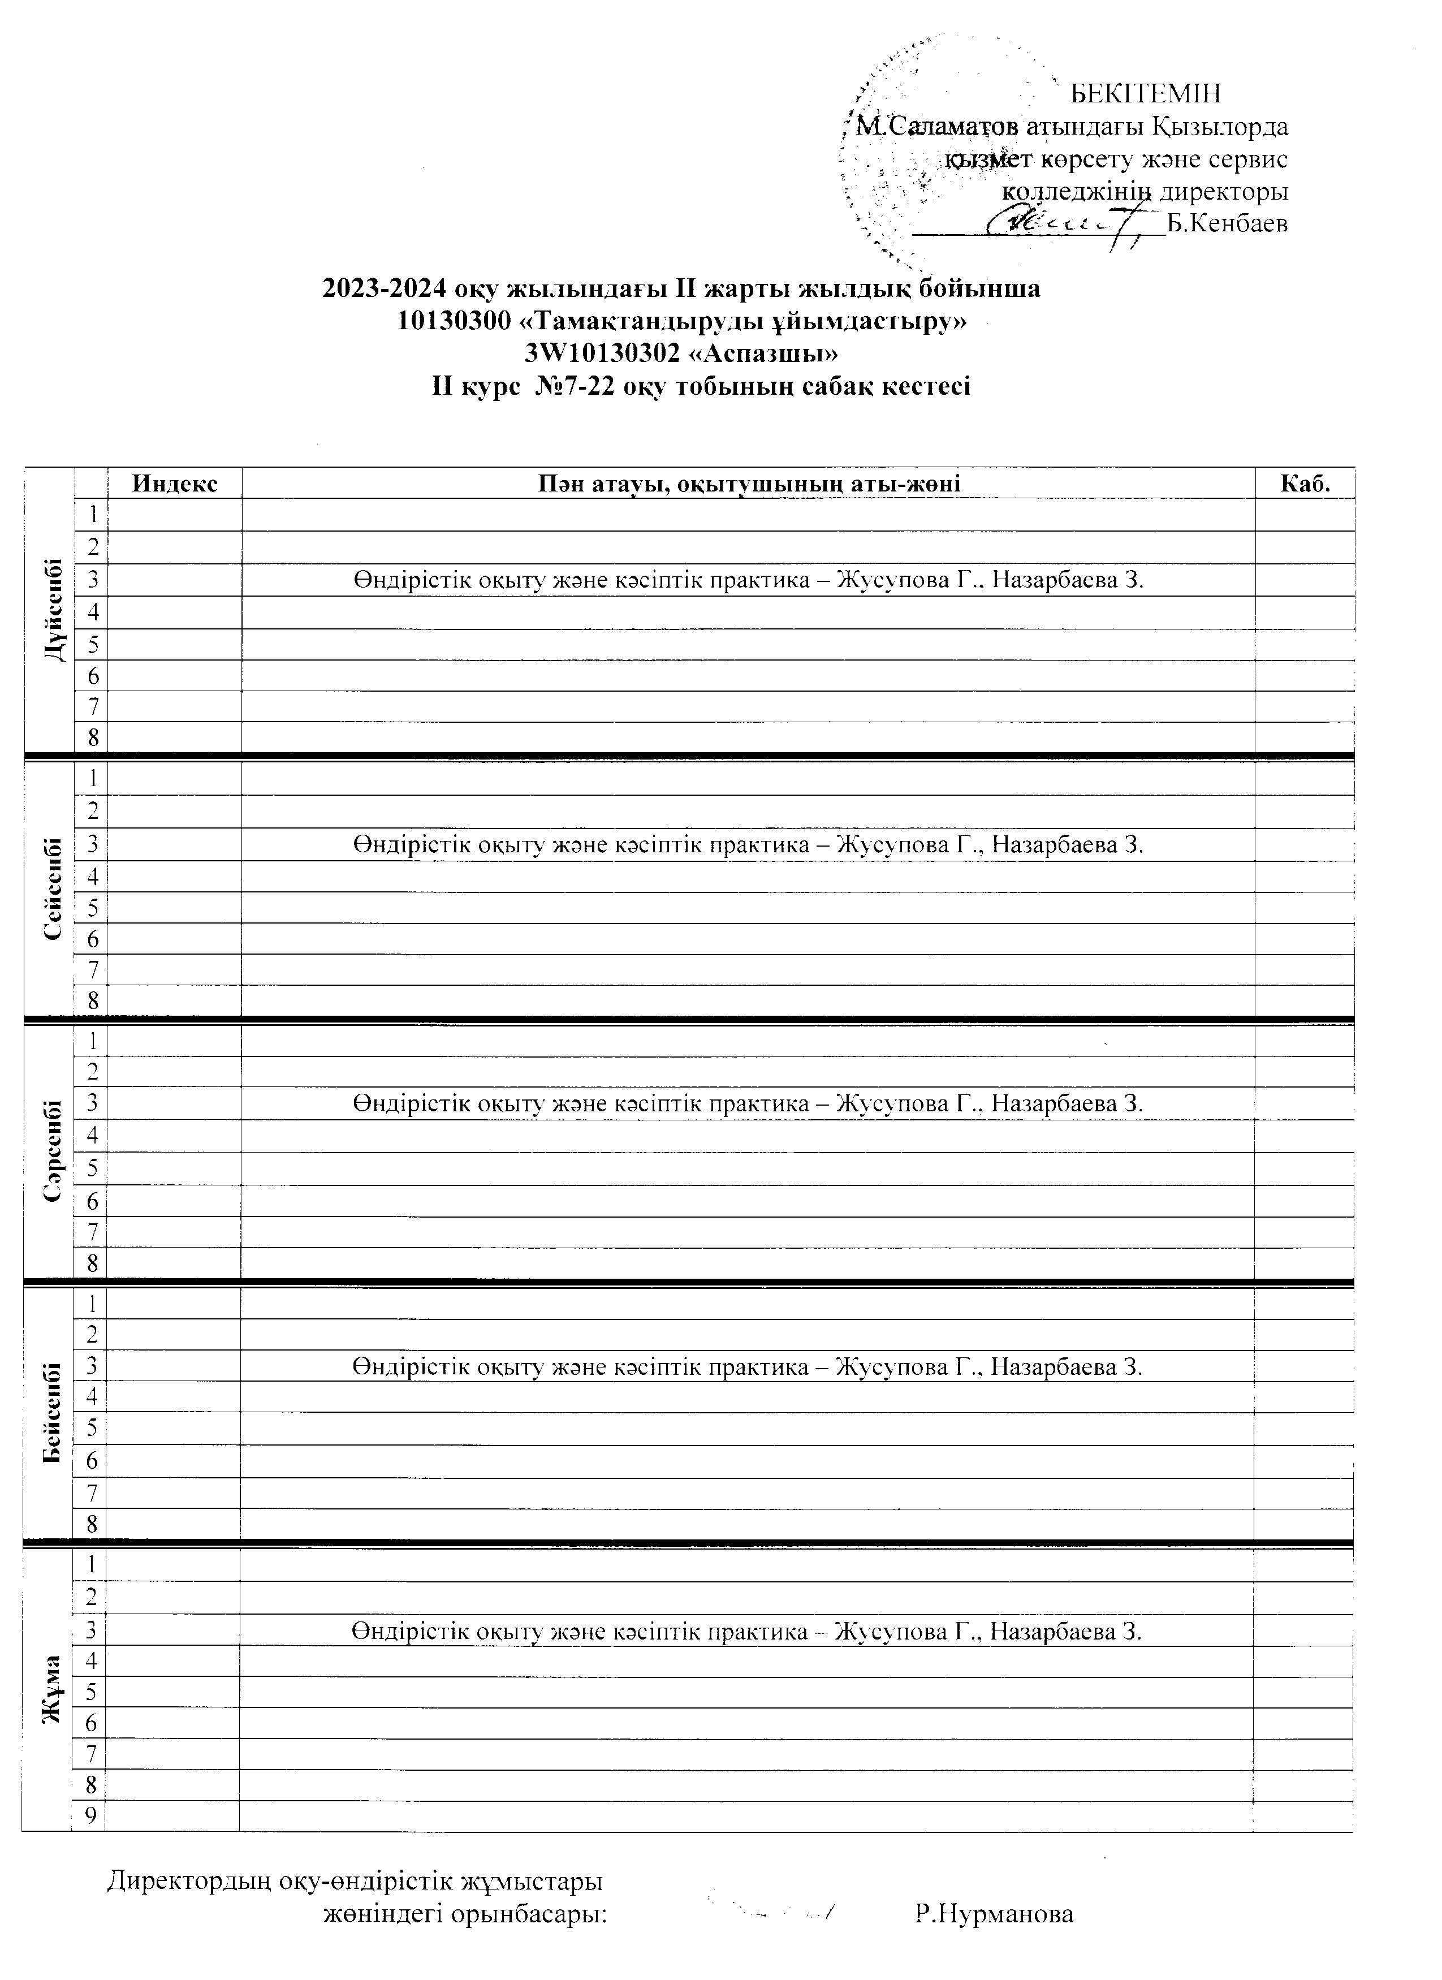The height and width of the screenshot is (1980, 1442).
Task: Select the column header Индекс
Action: [x=175, y=484]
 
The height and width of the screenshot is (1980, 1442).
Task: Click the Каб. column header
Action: [x=1305, y=484]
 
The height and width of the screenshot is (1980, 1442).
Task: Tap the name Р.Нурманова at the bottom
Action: [x=994, y=1914]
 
